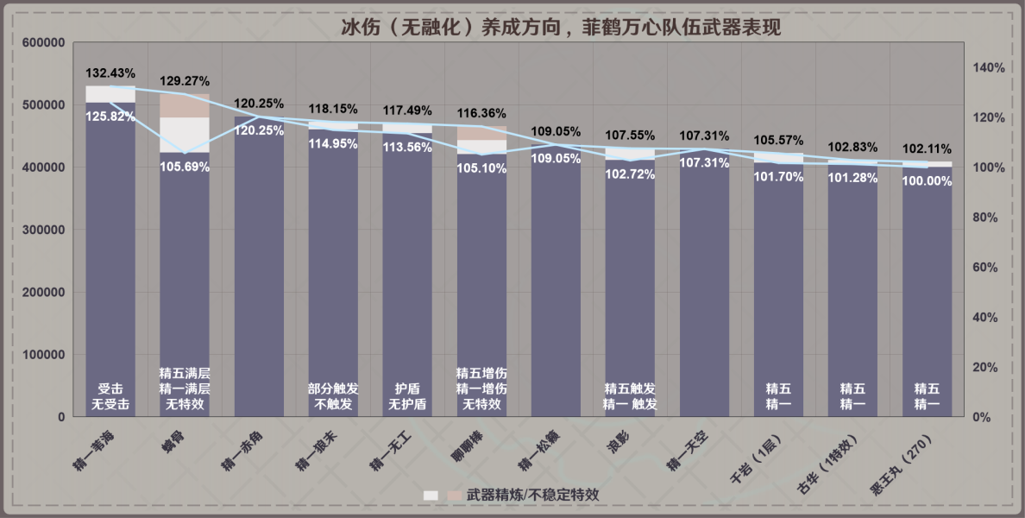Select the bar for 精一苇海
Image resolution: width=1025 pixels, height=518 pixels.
[x=110, y=259]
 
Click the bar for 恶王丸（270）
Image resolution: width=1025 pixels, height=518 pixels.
[x=927, y=294]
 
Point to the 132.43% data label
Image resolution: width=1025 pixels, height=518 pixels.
[x=110, y=72]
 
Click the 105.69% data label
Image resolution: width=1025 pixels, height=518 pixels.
[x=185, y=167]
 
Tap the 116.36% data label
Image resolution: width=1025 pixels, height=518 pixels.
[x=481, y=113]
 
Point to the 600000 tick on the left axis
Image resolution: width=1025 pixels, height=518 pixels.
[x=44, y=42]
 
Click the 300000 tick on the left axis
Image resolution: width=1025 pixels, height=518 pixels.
[x=44, y=230]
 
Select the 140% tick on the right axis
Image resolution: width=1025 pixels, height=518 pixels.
[x=990, y=67]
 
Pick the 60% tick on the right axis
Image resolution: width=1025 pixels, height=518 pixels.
[x=990, y=268]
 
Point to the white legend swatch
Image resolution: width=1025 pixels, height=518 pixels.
[x=431, y=496]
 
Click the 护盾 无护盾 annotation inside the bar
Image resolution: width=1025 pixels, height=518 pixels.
[x=407, y=396]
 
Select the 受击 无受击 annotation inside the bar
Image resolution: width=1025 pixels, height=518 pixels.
[x=110, y=396]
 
